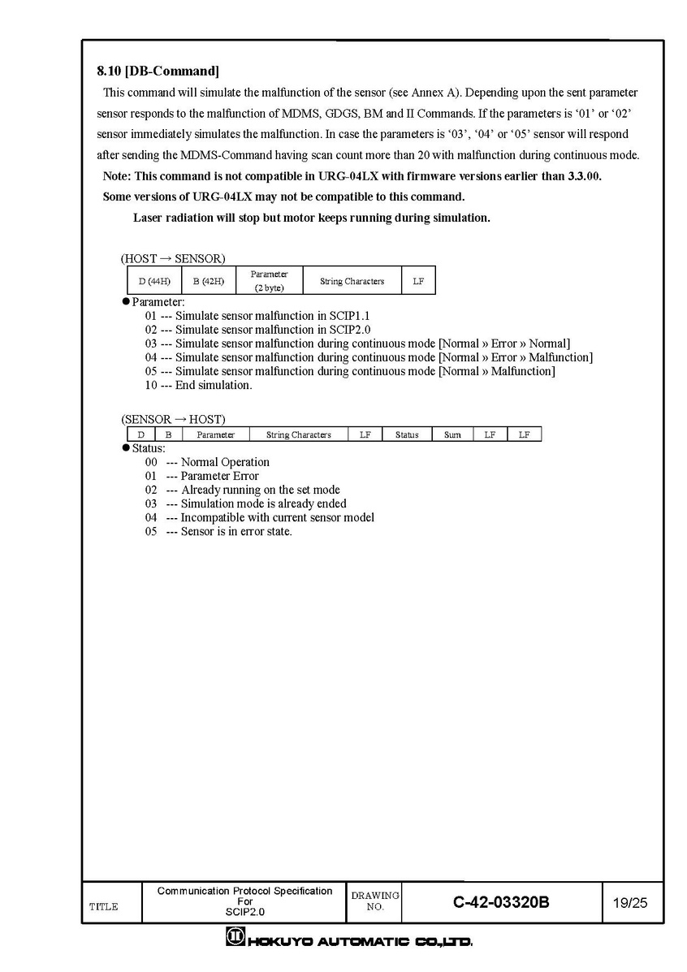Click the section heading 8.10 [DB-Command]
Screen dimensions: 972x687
(x=158, y=71)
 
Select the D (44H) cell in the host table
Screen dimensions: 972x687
(x=154, y=281)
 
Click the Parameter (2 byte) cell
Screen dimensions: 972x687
(x=269, y=281)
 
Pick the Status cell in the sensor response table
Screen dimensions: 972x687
(x=407, y=435)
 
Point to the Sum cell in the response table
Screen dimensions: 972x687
(x=452, y=435)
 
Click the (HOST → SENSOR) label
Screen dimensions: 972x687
(x=173, y=258)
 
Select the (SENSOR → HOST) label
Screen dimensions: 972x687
(x=173, y=420)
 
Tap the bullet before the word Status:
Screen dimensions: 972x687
(x=126, y=448)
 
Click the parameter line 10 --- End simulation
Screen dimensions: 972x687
(x=199, y=385)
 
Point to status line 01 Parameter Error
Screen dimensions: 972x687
(x=202, y=476)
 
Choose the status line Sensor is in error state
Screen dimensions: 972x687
(x=219, y=531)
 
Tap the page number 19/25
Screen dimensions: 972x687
(x=631, y=902)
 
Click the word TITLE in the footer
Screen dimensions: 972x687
(x=103, y=907)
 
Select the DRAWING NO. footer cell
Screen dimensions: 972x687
(x=374, y=901)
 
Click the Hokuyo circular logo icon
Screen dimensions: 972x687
(x=235, y=940)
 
